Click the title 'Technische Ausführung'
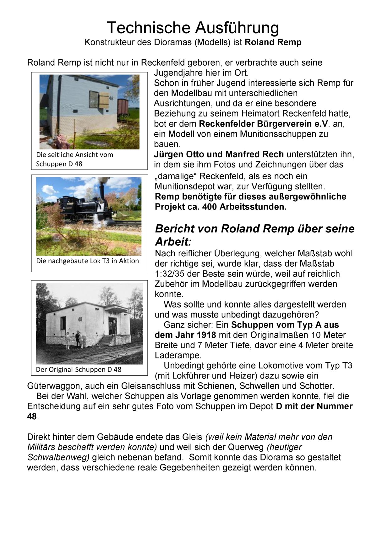[x=193, y=28]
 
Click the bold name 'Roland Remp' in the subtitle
[x=273, y=42]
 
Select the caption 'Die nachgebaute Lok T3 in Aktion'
[x=87, y=261]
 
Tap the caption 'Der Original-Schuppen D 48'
[x=79, y=370]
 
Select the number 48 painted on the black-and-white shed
[x=80, y=319]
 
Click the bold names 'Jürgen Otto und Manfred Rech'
[x=219, y=155]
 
